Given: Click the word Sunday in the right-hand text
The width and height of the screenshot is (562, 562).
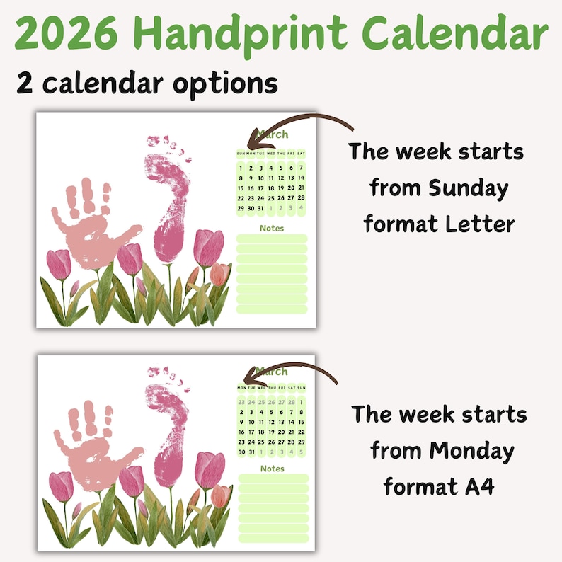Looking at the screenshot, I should [468, 188].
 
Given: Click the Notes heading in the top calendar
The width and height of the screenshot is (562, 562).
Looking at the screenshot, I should [272, 228].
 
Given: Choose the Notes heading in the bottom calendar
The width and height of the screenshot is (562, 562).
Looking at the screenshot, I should [273, 469].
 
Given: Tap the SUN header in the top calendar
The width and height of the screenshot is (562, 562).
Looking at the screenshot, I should [241, 154].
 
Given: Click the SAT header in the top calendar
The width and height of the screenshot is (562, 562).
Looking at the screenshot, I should [302, 154].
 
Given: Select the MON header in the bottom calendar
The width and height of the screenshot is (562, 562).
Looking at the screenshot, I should [242, 387].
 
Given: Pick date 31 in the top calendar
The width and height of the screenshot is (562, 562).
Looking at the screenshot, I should [261, 208].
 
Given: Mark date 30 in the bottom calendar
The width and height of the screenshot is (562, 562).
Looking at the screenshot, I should [242, 452].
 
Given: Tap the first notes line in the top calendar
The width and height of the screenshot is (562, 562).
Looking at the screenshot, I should [272, 239].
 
